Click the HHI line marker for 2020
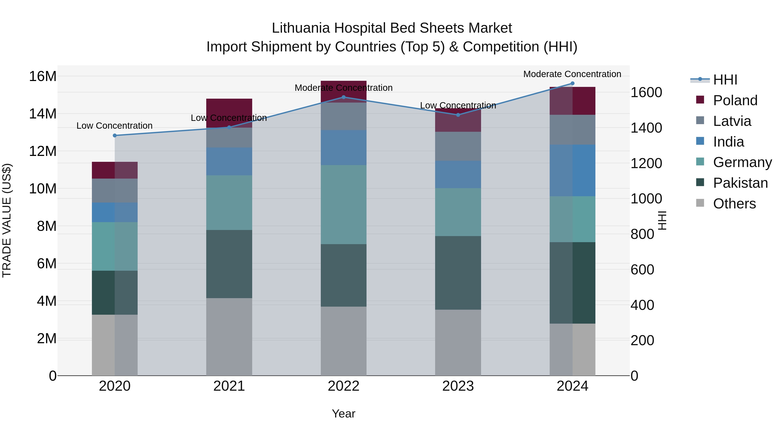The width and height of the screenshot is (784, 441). [x=115, y=135]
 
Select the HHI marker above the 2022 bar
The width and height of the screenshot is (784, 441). [x=344, y=97]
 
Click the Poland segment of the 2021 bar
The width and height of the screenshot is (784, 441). [x=229, y=106]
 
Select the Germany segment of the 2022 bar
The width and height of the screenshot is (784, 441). [x=344, y=204]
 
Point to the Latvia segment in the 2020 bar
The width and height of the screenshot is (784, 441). [x=115, y=191]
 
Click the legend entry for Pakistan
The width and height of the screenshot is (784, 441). [x=740, y=183]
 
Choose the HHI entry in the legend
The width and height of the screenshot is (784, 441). [x=725, y=80]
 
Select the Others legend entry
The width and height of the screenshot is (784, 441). [x=734, y=204]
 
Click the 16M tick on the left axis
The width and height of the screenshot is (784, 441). [x=43, y=76]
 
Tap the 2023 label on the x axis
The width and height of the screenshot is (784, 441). [x=458, y=386]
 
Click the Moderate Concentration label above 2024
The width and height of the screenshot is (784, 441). [x=572, y=74]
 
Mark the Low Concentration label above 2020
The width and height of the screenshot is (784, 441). [x=114, y=126]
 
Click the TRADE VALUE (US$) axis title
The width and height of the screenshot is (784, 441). [x=7, y=220]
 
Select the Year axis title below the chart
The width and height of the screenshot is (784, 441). [x=344, y=414]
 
